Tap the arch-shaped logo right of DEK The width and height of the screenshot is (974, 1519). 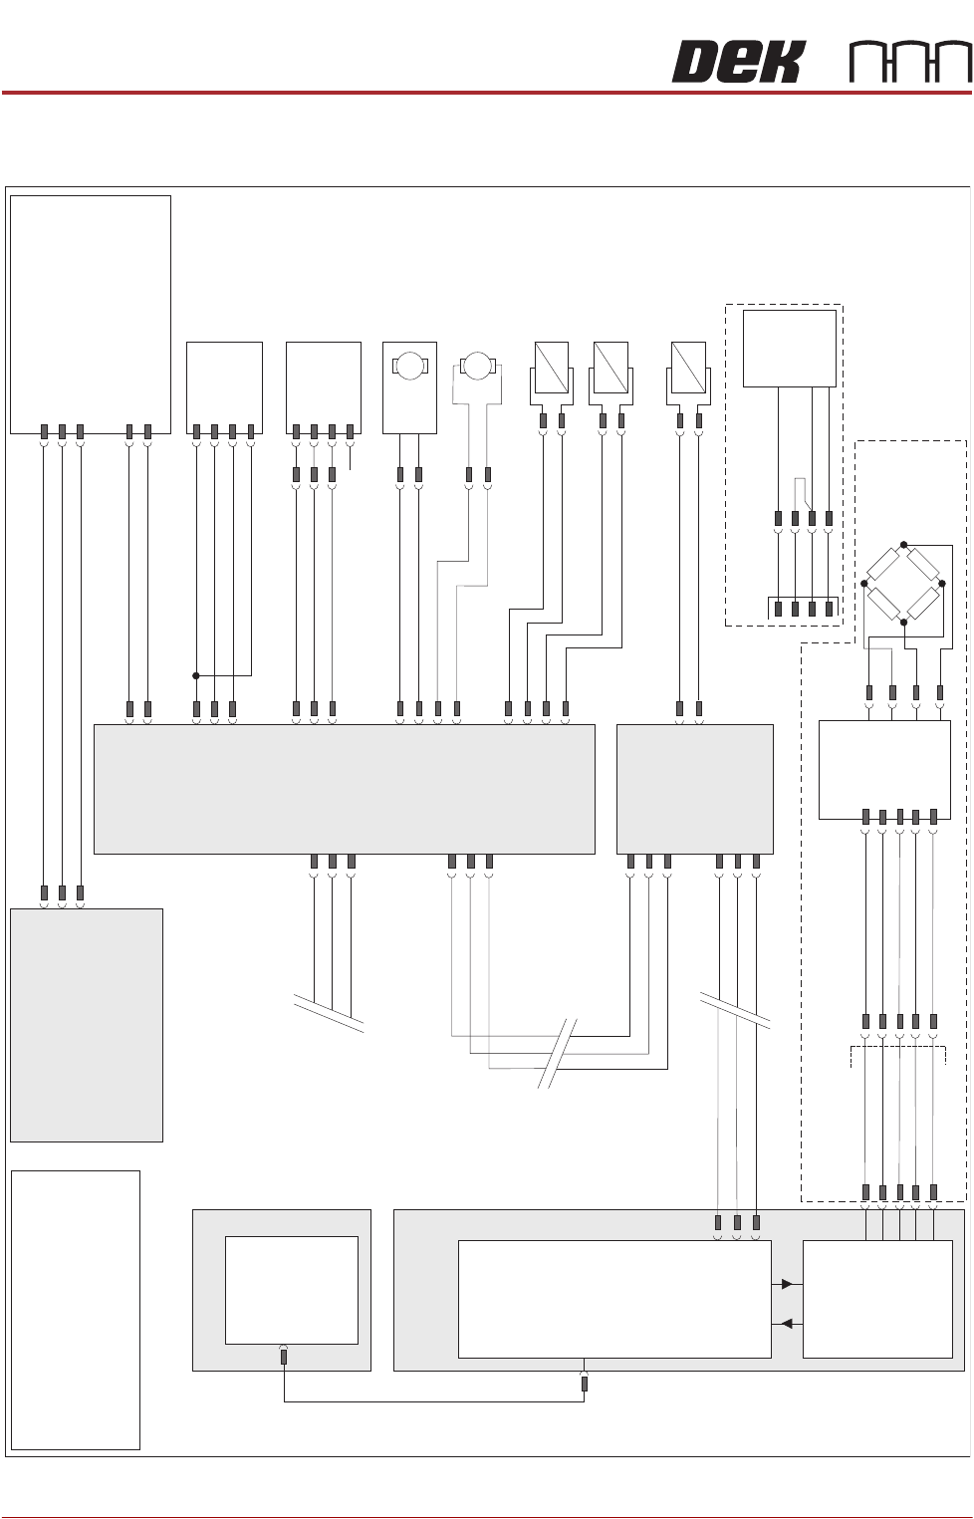tap(910, 63)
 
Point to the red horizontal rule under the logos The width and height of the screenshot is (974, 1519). tap(486, 93)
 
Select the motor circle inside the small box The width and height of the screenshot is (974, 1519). tap(409, 366)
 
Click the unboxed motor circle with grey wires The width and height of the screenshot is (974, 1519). tap(478, 366)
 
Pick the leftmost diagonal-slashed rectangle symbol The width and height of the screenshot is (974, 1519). tap(552, 367)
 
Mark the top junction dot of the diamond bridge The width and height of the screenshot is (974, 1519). tap(903, 545)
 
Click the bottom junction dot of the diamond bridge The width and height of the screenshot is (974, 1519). tap(903, 622)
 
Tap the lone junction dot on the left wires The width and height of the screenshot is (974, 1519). tap(196, 675)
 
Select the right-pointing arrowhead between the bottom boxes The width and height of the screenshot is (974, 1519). tap(787, 1284)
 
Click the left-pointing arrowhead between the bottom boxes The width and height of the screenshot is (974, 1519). tap(787, 1324)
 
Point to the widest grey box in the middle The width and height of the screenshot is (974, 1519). tap(344, 789)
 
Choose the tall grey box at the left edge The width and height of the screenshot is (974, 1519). tap(86, 1024)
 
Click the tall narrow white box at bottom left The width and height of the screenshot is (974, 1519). tap(75, 1309)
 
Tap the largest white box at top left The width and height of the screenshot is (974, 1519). tap(90, 314)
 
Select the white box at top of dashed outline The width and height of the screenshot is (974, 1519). tap(789, 348)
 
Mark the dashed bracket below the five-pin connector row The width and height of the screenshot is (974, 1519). tap(897, 1054)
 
